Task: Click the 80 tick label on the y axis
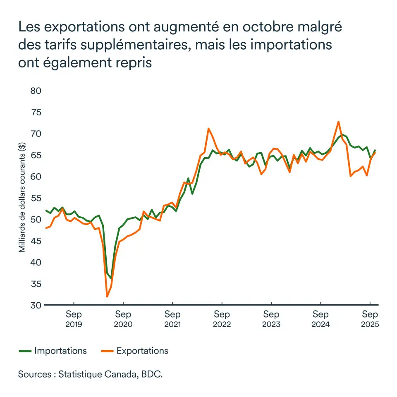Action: [x=36, y=91]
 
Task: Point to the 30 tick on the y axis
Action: [x=36, y=305]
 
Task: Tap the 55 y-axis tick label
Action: [x=36, y=198]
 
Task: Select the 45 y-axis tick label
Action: [x=36, y=241]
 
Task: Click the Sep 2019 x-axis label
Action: [x=74, y=319]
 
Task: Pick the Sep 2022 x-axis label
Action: [x=222, y=319]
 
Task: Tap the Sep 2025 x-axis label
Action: [x=370, y=319]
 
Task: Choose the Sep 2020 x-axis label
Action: [x=123, y=319]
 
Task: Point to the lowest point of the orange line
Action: [x=107, y=297]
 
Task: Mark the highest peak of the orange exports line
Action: [x=338, y=122]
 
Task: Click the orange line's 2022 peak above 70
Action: [x=208, y=129]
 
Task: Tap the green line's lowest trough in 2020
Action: [x=111, y=278]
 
